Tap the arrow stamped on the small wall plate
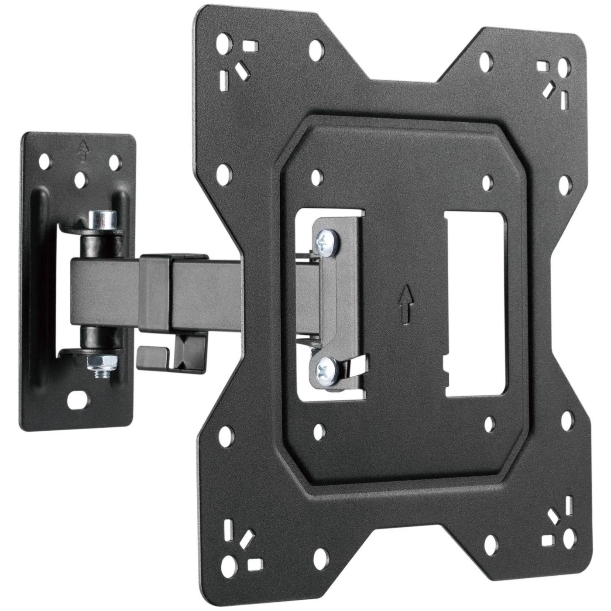point(81,149)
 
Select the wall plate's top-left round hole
point(44,163)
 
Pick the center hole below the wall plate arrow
point(80,178)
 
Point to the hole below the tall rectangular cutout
point(490,423)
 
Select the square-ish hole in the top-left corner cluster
point(251,45)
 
